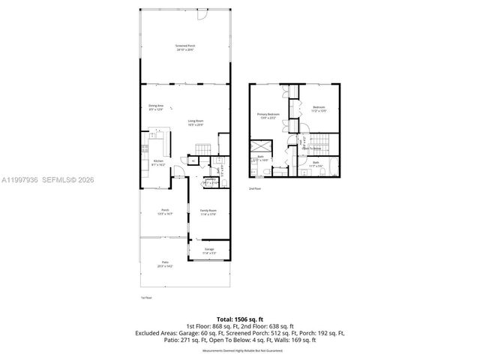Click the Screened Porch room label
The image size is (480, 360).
[185, 46]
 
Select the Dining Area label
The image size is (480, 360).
[156, 106]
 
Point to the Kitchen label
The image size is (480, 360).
[158, 161]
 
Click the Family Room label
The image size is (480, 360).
[208, 211]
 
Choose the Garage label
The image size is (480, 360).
[209, 248]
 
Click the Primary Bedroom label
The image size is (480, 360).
[268, 114]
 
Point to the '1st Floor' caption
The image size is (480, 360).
[146, 298]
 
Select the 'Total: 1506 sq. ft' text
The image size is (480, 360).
[239, 319]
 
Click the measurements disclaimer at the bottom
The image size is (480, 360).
[239, 350]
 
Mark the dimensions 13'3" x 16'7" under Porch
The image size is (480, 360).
[166, 214]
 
